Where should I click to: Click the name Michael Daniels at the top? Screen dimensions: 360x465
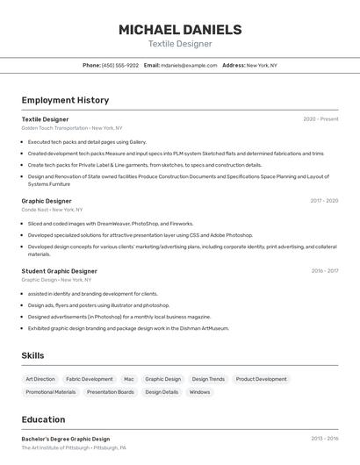tap(180, 29)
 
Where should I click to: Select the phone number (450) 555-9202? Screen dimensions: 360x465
tap(120, 65)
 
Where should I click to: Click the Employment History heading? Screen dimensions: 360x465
tap(65, 100)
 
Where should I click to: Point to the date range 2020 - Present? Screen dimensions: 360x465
tap(320, 118)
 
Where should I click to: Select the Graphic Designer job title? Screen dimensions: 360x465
tap(47, 201)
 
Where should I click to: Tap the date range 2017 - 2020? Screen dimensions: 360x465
tap(324, 201)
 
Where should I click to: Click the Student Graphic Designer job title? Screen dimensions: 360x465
tap(59, 271)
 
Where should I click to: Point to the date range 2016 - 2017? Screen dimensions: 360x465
tap(324, 271)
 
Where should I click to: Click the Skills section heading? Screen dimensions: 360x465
tap(32, 355)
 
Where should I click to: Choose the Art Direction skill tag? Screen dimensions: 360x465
tap(40, 379)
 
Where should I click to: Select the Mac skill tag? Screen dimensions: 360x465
tap(129, 379)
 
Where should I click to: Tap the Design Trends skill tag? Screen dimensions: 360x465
tap(208, 379)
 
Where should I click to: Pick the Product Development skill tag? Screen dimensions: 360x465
tap(261, 379)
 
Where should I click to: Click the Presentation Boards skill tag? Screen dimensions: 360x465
tap(111, 392)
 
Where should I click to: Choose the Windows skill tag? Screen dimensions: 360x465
tap(199, 392)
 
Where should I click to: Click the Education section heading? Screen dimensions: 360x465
tap(43, 419)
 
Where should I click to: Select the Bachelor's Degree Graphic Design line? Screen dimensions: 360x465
tap(66, 439)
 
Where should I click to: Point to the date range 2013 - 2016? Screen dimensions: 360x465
tap(324, 439)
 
